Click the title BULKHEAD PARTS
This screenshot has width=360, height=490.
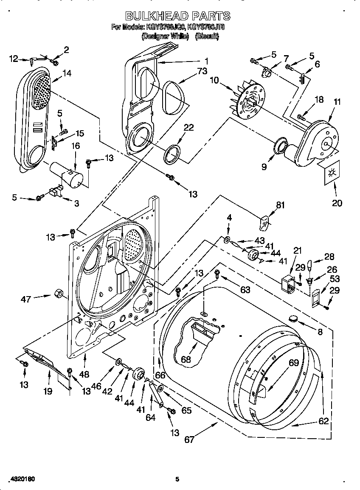[x=178, y=16]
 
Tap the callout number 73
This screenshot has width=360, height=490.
[x=202, y=70]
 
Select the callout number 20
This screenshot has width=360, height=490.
[x=337, y=203]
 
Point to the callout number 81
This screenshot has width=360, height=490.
[x=280, y=205]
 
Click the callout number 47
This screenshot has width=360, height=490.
[x=25, y=300]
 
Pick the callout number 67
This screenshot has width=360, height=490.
[x=189, y=440]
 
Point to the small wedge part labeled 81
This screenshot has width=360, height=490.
[x=264, y=221]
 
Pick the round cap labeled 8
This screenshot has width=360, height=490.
[x=292, y=318]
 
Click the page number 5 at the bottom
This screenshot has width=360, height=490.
[x=178, y=479]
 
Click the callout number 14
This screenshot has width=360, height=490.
[x=67, y=73]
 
